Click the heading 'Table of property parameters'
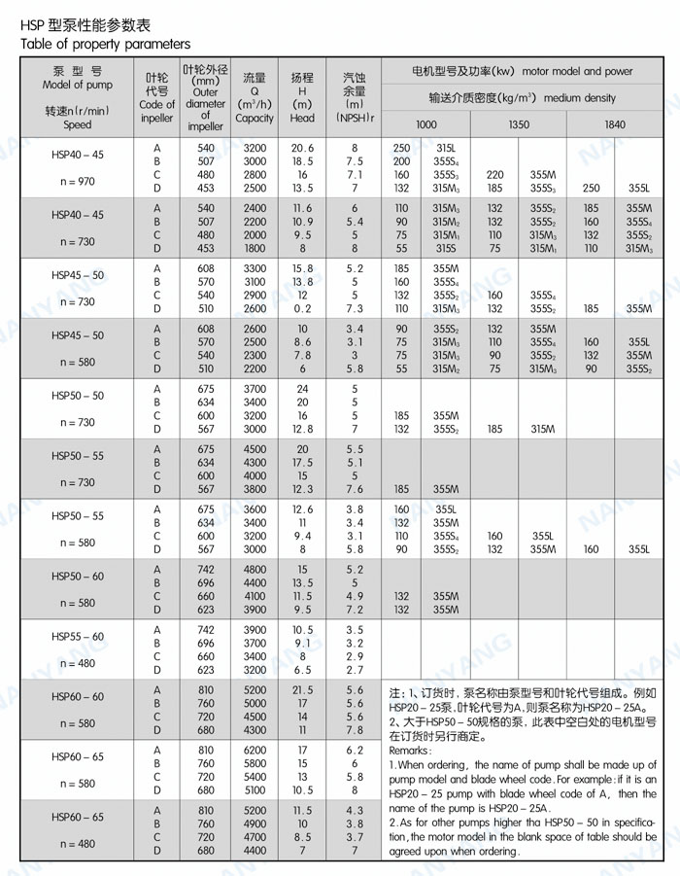(x=105, y=45)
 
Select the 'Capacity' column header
(x=255, y=119)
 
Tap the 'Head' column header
(x=302, y=119)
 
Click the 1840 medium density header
(x=615, y=125)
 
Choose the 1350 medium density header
(x=519, y=125)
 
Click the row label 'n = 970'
(x=78, y=182)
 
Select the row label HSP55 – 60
(x=78, y=636)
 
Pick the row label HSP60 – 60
(x=78, y=697)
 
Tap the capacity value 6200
(x=255, y=751)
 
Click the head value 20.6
(x=302, y=148)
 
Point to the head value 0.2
(x=302, y=308)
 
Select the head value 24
(x=302, y=389)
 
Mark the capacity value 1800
(x=255, y=248)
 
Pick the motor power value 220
(x=495, y=175)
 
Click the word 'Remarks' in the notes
(x=409, y=751)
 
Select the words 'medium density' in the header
(x=580, y=98)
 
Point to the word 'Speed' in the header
(x=78, y=124)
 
